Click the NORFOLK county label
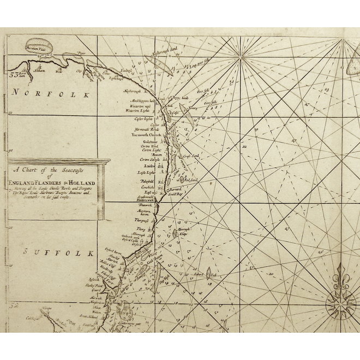(x=51, y=94)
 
